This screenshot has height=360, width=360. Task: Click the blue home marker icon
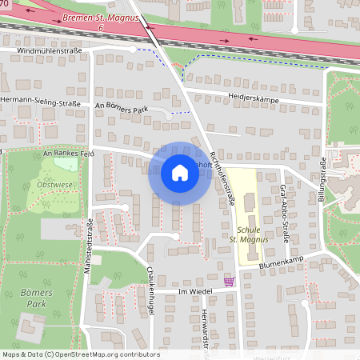179,172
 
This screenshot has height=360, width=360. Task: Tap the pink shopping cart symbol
230,281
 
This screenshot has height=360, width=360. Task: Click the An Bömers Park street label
121,105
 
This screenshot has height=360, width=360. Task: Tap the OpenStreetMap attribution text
81,354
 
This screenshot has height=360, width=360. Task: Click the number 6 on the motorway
102,28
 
